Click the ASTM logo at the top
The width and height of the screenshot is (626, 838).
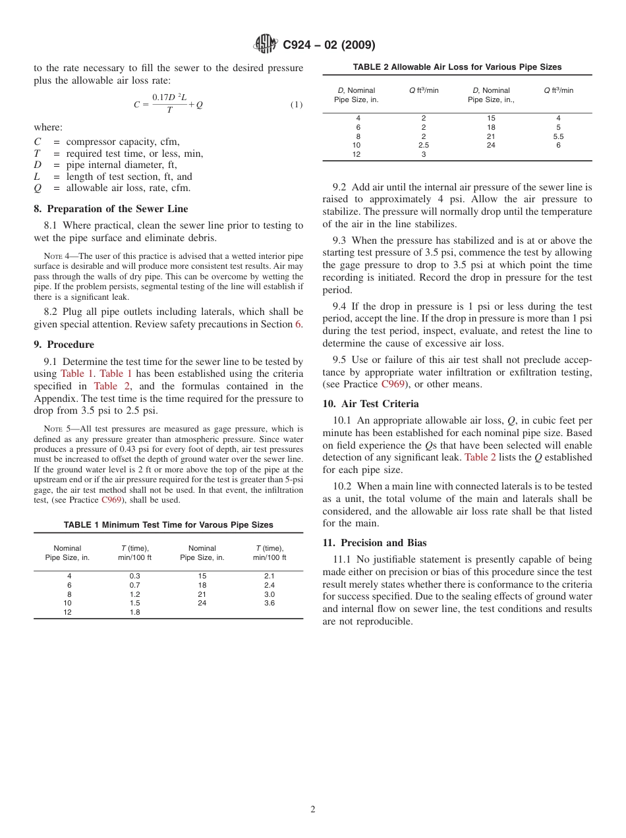266,44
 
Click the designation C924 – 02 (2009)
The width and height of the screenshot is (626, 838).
329,45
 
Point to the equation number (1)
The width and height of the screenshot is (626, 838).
297,105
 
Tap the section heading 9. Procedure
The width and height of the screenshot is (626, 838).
64,345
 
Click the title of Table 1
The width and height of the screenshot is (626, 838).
168,525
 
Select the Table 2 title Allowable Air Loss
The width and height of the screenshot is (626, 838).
457,67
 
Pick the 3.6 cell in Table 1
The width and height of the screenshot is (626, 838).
270,603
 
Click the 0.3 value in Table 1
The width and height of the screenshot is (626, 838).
134,576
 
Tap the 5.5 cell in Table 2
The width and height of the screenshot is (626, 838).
558,136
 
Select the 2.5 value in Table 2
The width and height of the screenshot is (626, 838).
424,145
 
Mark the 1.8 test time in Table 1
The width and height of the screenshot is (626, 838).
134,612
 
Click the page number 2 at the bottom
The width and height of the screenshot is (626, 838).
313,810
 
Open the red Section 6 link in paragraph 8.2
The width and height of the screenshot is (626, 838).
299,323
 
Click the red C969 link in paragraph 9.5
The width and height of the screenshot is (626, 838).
392,384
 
